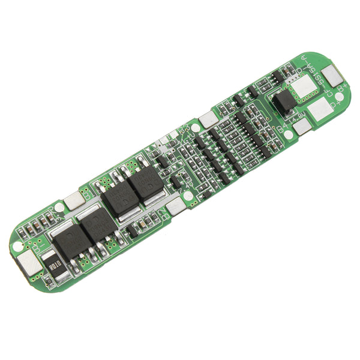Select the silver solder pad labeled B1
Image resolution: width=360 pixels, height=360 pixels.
coord(73,202)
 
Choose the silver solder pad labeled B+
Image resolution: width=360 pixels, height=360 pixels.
coord(331,75)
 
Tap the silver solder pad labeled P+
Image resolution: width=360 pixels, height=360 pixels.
coord(320,108)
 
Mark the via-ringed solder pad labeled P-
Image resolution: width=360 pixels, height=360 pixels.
coord(303,88)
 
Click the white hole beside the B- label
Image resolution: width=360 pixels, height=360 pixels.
coord(18,247)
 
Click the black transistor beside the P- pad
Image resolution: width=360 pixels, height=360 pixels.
coord(285,101)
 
